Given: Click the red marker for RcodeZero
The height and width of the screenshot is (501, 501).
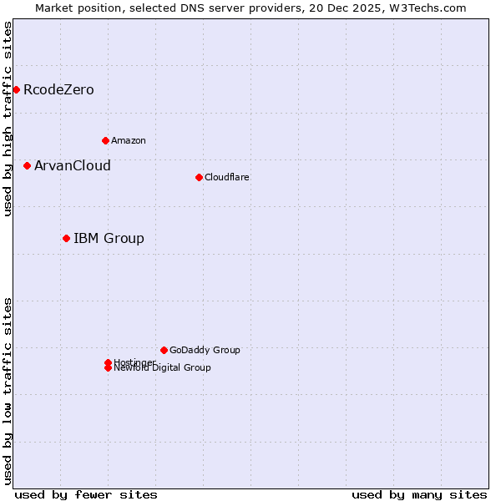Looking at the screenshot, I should point(16,89).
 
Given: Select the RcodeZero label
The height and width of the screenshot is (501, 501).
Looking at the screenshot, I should point(58,89).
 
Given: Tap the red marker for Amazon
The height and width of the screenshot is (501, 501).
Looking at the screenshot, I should point(105,140).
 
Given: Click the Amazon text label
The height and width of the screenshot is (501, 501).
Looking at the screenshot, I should point(129,140).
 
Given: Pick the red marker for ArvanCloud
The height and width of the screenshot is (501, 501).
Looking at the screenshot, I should point(27,165).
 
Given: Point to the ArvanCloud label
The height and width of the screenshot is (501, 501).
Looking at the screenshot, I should point(73,165).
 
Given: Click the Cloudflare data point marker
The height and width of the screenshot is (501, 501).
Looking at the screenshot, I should point(199,177).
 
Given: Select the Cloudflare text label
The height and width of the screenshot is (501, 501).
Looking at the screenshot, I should point(227,177).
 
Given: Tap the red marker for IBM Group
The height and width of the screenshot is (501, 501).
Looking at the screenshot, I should point(66,238).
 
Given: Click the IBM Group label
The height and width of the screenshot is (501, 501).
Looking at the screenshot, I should point(109,238).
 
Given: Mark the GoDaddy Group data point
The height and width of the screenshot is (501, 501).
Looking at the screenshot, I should point(164,350).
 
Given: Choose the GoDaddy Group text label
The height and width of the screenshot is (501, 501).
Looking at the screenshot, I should point(205,350).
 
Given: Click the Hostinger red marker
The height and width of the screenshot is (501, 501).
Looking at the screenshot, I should point(108,362).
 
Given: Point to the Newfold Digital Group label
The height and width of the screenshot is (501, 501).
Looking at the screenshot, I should point(163,368).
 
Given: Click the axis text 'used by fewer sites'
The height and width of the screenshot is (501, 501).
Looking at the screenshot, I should point(86,494).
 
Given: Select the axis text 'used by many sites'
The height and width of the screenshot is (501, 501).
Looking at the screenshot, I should point(419,494).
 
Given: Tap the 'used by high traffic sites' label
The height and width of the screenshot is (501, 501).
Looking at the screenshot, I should point(8,119).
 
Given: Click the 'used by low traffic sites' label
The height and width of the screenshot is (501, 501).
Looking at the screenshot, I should point(8,391).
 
